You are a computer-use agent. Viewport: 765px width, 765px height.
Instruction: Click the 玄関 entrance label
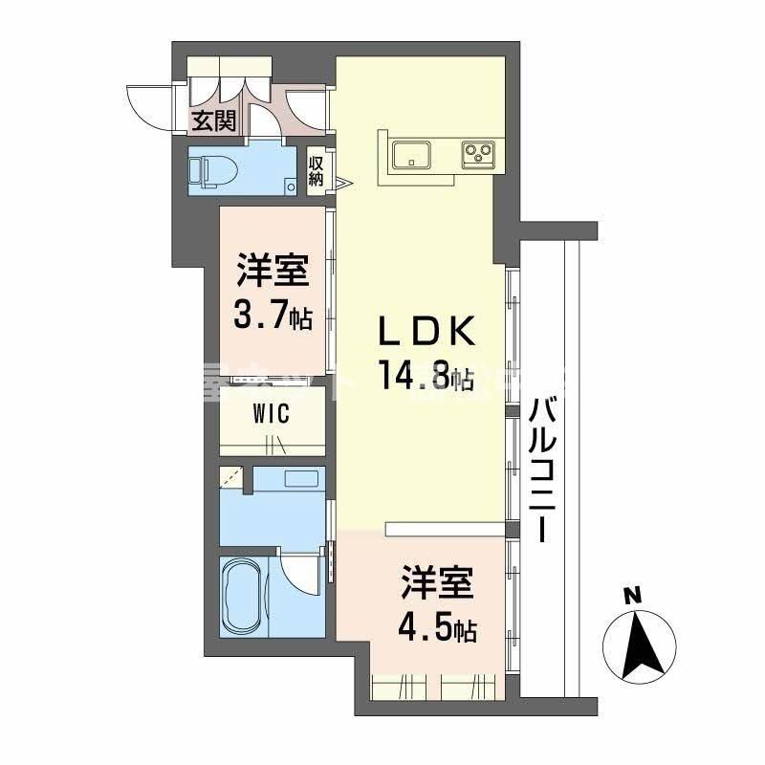213,120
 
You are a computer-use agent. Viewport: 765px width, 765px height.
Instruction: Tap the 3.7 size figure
264,316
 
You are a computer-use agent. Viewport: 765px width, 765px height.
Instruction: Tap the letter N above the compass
631,595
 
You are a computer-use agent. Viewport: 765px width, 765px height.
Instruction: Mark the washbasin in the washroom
304,480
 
